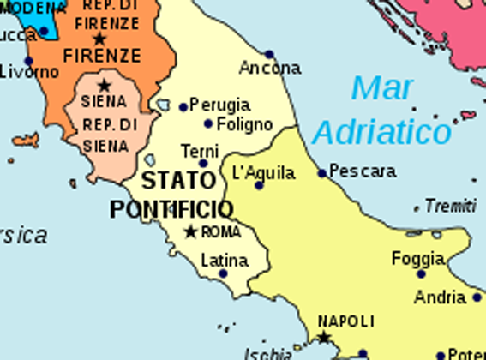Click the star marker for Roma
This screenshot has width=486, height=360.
click(x=191, y=231)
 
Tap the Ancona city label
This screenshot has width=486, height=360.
click(x=270, y=68)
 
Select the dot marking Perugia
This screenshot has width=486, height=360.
click(x=183, y=107)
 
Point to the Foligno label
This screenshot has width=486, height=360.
click(x=244, y=124)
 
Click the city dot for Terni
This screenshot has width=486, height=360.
click(x=203, y=163)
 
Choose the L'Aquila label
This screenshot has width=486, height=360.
click(x=264, y=172)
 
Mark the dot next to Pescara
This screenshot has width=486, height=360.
click(x=322, y=173)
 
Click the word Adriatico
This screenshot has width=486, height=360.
click(x=382, y=132)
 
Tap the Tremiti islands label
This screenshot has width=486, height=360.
click(x=450, y=206)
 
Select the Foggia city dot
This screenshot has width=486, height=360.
click(x=421, y=273)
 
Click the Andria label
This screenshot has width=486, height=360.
click(x=440, y=298)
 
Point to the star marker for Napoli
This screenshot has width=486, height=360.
click(x=324, y=338)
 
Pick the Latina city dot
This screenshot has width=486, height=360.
click(x=223, y=273)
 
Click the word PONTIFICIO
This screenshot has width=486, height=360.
click(x=171, y=209)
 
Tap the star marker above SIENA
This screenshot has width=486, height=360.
click(x=105, y=85)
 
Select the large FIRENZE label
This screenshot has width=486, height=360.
click(x=100, y=56)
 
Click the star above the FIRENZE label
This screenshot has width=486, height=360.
click(x=99, y=39)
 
